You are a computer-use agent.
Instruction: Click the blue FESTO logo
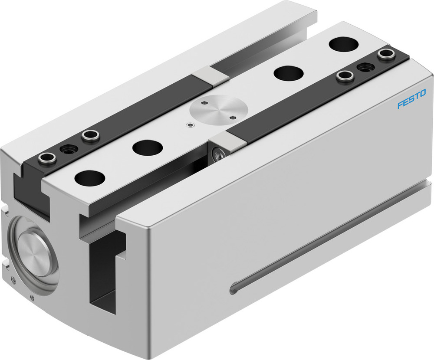[411, 98]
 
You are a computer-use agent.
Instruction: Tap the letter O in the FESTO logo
[423, 93]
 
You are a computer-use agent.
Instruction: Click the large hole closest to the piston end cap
[90, 178]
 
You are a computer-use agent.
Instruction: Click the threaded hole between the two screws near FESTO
[365, 67]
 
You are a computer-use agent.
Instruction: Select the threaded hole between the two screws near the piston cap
[69, 150]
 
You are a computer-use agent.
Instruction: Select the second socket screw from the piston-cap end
[90, 136]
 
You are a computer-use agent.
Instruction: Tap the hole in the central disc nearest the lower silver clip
[234, 117]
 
